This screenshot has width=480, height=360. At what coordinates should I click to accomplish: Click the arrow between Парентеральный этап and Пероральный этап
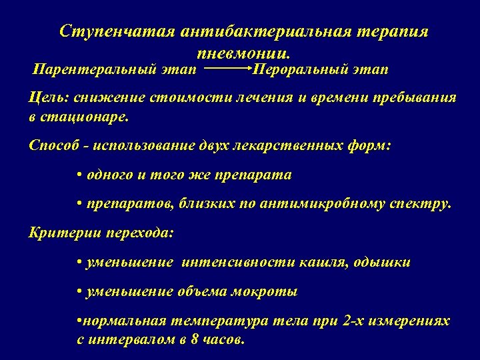(x=226, y=68)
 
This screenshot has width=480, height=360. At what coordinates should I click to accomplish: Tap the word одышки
(x=387, y=263)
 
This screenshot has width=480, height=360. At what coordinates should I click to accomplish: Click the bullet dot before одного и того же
(x=79, y=175)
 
